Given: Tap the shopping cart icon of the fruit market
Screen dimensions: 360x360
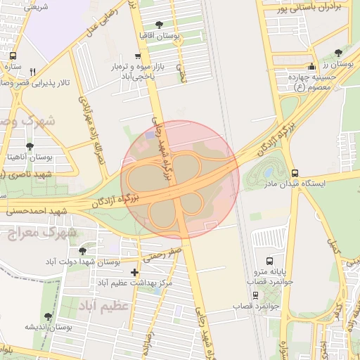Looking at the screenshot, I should (x=137, y=56).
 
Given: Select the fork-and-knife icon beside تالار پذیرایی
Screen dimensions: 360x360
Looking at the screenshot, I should (x=32, y=71).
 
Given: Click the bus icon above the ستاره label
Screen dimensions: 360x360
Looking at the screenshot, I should (x=12, y=56).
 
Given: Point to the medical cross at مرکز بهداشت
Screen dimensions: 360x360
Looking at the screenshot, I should (x=135, y=272).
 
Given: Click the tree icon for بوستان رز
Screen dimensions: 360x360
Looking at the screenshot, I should (x=338, y=53).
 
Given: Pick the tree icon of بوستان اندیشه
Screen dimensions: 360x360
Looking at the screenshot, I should (x=48, y=317).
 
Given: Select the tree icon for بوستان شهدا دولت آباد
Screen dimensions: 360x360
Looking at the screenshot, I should (x=83, y=250).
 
